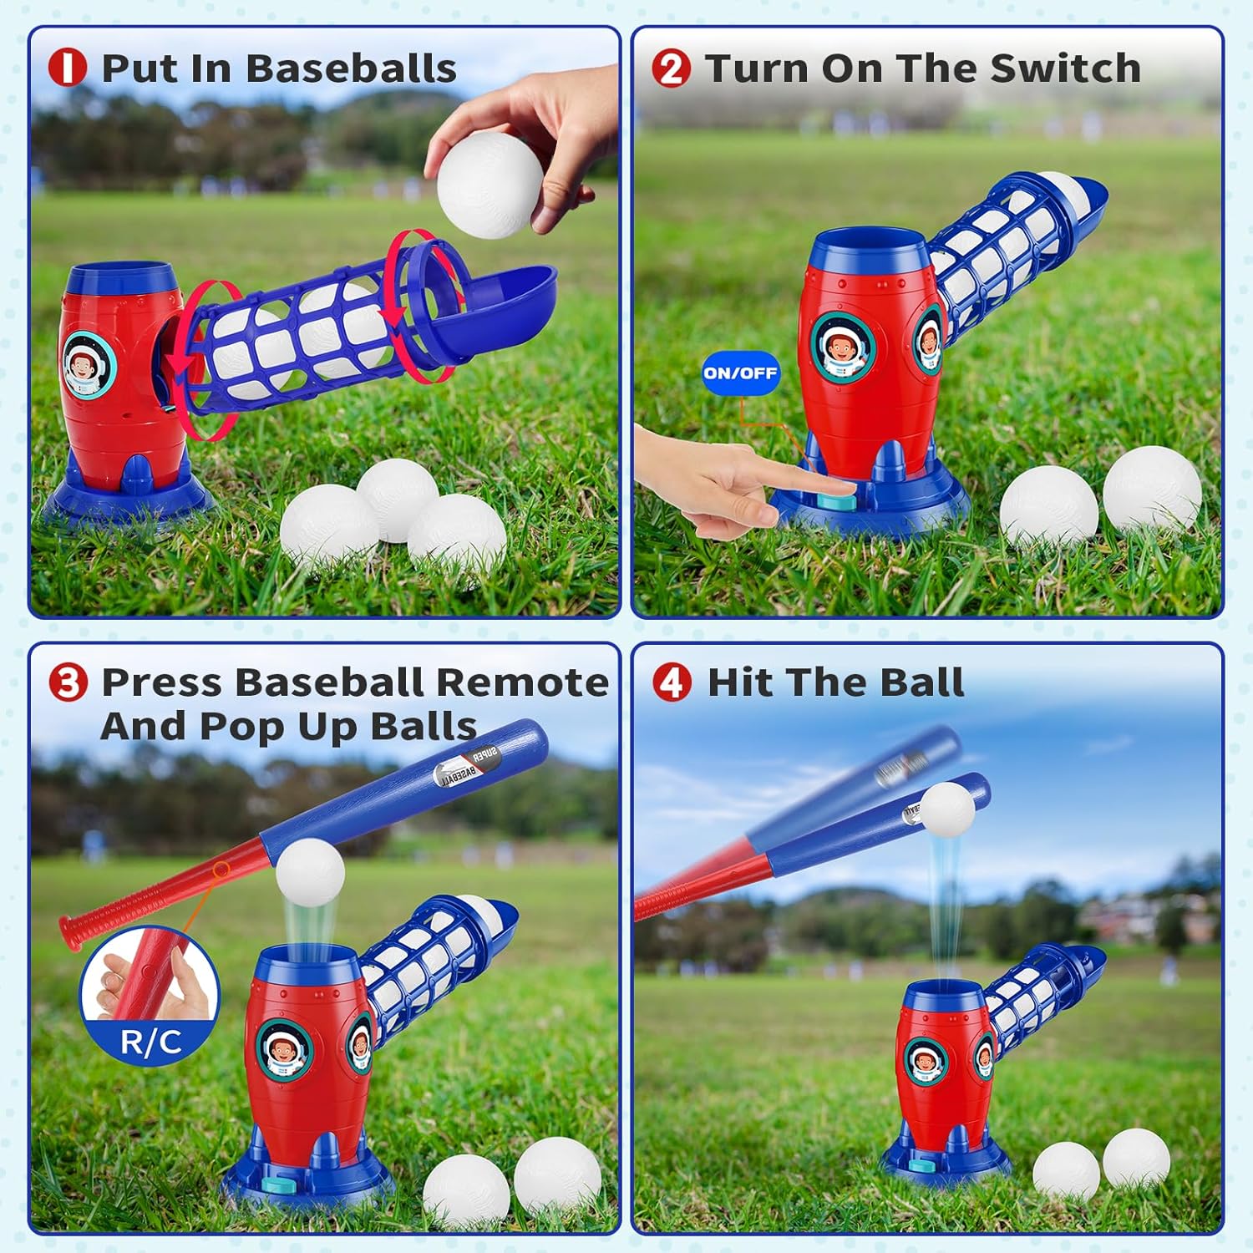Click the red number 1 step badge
[x=67, y=68]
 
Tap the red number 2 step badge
[x=670, y=68]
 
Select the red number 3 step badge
[x=68, y=683]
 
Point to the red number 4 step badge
[x=672, y=682]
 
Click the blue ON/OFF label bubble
[x=740, y=373]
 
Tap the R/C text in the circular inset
[x=150, y=1042]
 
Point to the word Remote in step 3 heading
[x=522, y=682]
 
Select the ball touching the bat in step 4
[x=946, y=807]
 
